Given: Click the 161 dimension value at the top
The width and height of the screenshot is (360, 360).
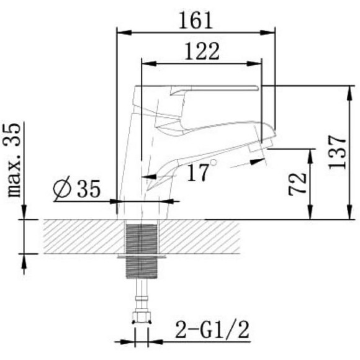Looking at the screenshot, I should (196, 20).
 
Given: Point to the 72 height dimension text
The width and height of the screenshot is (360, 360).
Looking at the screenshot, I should (299, 183).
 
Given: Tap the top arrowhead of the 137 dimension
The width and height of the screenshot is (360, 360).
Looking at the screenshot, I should (346, 91).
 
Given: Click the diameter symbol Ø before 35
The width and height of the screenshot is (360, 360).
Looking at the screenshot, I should (62, 189).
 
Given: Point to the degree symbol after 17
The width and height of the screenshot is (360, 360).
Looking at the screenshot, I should (214, 163).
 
